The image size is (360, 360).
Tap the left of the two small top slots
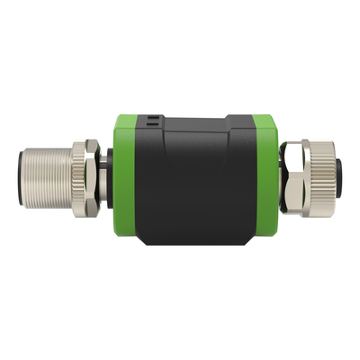click(147, 117)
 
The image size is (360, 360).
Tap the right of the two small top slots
click(155, 117)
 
